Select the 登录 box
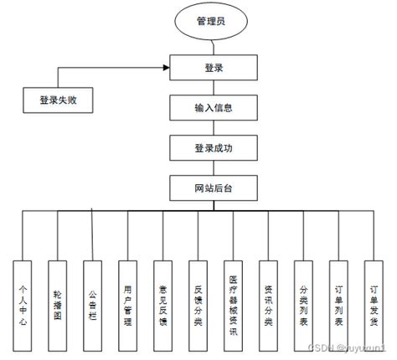click(214, 66)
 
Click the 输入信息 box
click(214, 108)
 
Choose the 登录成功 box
click(214, 148)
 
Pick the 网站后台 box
click(214, 187)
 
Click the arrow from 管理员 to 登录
click(214, 47)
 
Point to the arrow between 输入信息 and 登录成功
click(214, 128)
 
